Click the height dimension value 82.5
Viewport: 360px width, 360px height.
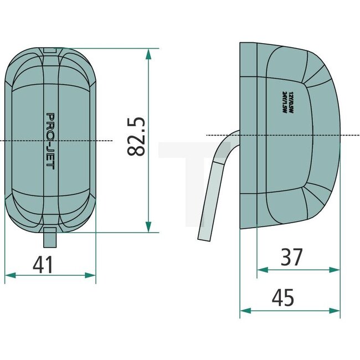[x=136, y=136]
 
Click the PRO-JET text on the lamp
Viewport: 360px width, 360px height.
[x=50, y=141]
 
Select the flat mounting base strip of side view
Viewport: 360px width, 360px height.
[x=249, y=135]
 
